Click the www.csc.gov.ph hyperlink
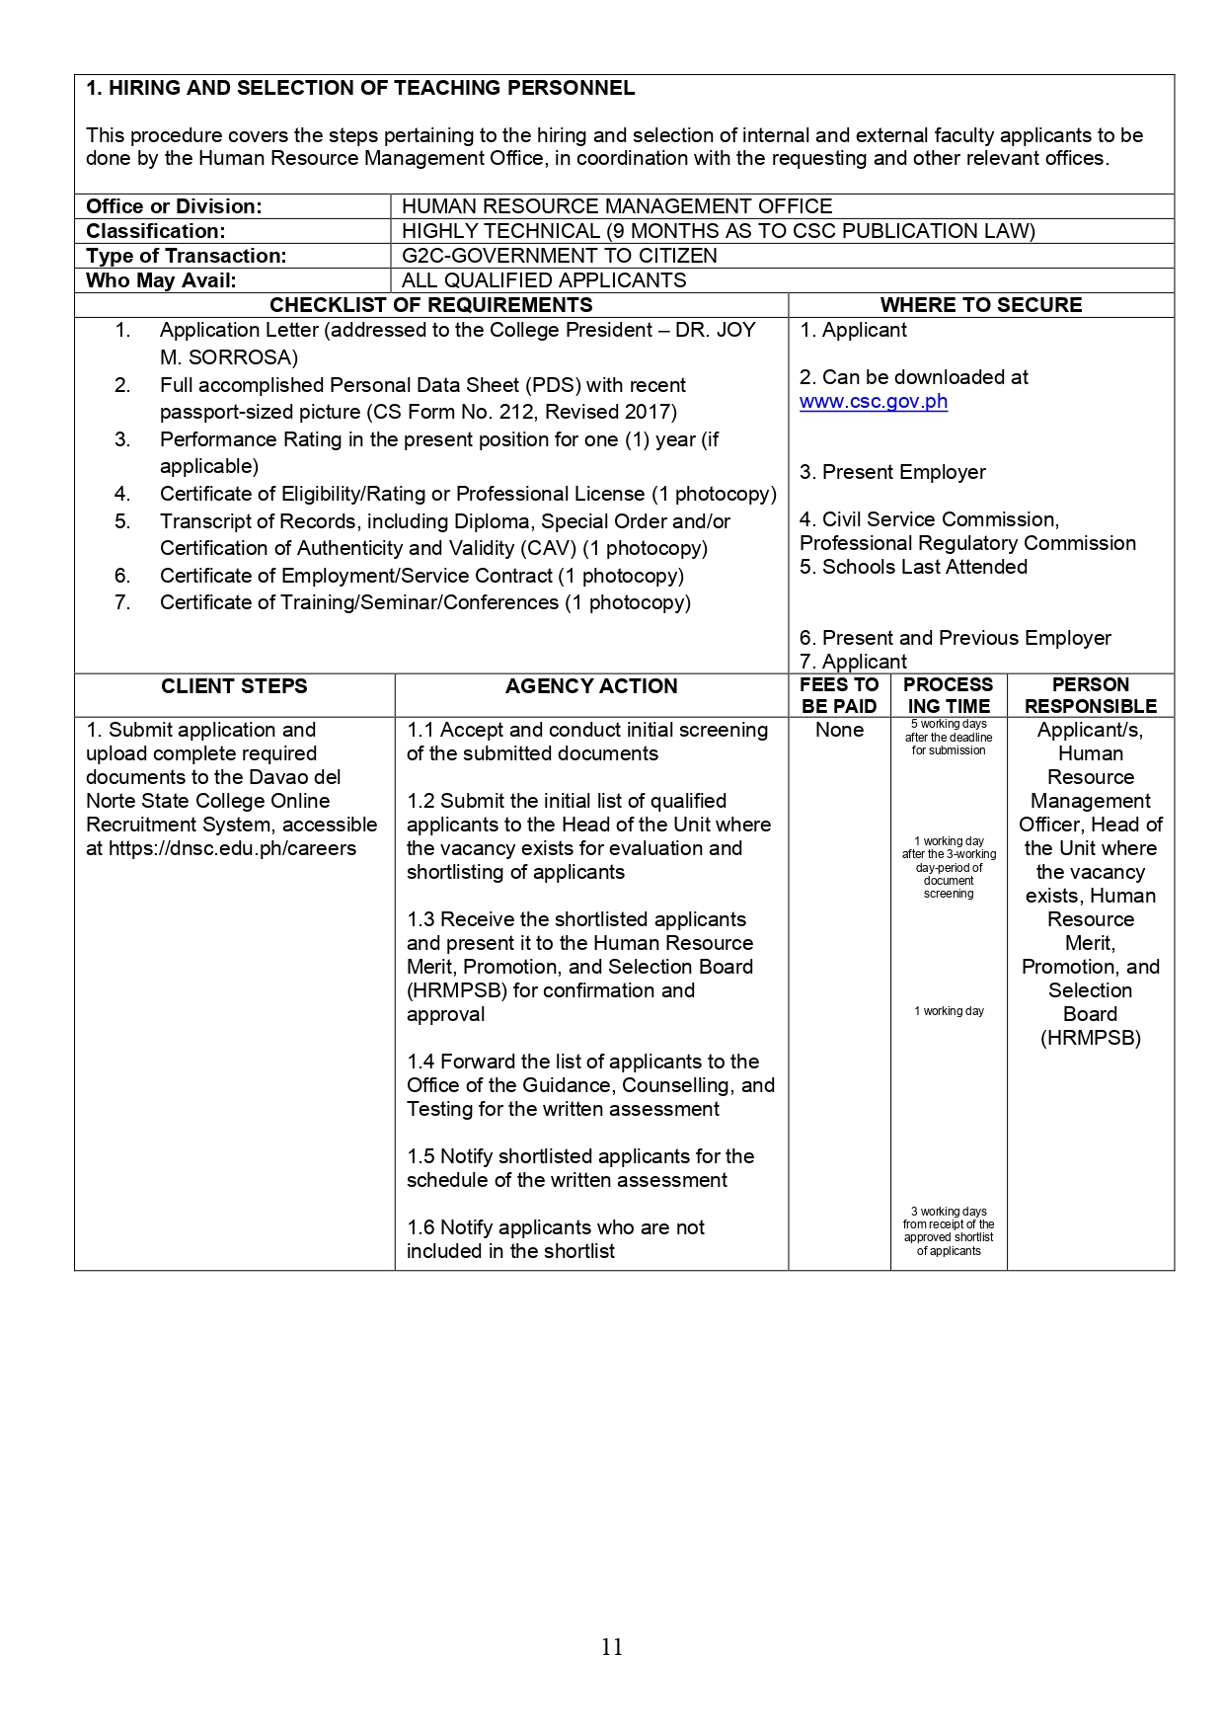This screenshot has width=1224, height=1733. point(874,402)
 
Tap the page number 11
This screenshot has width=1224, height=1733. point(612,1646)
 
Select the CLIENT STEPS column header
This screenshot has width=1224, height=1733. point(234,686)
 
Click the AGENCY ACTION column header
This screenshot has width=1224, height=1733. point(591,686)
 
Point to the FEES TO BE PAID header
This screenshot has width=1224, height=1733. point(839,695)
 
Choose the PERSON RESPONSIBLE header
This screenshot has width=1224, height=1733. point(1090,695)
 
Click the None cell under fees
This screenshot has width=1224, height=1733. point(839,730)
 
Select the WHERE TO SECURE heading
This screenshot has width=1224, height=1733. point(980,305)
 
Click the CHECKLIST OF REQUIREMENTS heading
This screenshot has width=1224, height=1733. point(431,305)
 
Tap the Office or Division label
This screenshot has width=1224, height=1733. point(174,206)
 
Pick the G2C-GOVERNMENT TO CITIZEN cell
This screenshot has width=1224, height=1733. point(559,256)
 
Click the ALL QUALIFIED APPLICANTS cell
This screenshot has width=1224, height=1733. point(543,280)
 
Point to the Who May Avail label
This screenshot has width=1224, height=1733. point(161,280)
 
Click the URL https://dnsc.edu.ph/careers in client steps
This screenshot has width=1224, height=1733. point(232,848)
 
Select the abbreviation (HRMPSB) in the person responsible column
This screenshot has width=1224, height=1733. point(1090,1038)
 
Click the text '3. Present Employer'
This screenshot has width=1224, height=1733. point(892,472)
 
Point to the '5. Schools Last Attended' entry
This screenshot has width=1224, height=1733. point(913,567)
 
